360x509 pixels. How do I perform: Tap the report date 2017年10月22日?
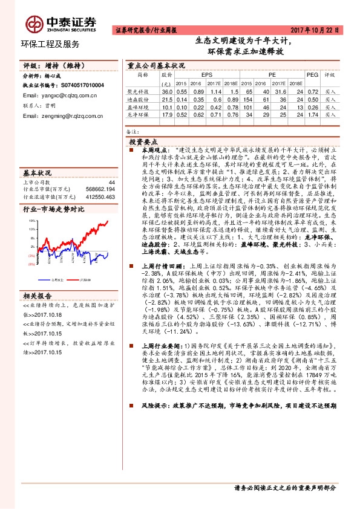[323, 30]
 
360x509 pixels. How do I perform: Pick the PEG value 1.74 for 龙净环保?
[312, 114]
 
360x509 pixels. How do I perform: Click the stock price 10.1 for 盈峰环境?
[166, 106]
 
